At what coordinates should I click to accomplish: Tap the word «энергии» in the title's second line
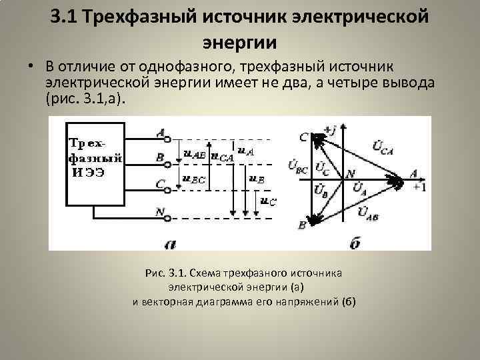point(239,42)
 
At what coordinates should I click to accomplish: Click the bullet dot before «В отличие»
point(31,67)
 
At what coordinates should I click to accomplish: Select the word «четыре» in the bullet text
point(354,82)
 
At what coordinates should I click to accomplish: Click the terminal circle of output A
point(168,139)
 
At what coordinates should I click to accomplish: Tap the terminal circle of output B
point(168,160)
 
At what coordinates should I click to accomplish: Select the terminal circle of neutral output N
point(168,217)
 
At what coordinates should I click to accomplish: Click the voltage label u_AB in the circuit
point(194,153)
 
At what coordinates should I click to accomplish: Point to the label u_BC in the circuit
point(194,179)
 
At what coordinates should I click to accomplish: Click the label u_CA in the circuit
point(222,157)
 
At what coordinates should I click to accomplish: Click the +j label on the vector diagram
point(328,128)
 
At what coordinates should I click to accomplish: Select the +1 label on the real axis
point(419,187)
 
